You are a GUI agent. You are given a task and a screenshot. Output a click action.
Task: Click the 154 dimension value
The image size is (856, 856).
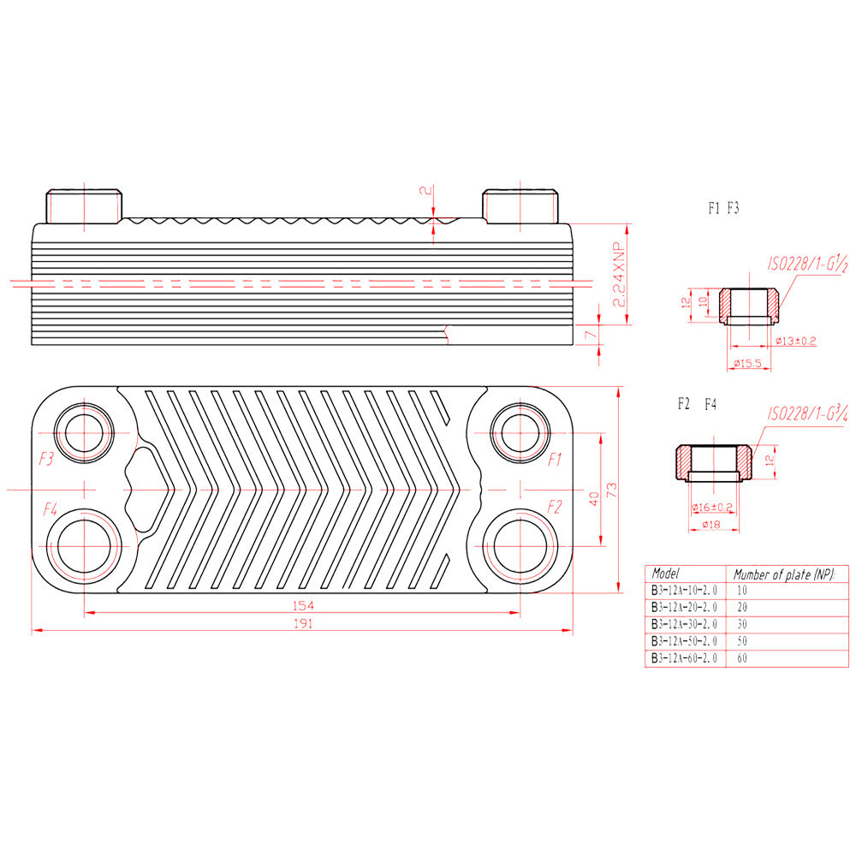[x=303, y=605]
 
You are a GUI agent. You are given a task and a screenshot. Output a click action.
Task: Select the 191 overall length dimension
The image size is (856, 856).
[x=303, y=623]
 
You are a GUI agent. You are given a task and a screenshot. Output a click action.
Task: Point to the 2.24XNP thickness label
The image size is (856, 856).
[x=619, y=275]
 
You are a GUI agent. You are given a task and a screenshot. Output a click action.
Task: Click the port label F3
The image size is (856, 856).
[x=46, y=459]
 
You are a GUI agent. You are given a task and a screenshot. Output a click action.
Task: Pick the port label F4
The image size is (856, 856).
[x=51, y=509]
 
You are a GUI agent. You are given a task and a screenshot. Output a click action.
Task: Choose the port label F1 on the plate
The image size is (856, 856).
[x=555, y=460]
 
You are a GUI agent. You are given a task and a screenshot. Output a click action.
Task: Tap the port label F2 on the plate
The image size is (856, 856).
[x=555, y=507]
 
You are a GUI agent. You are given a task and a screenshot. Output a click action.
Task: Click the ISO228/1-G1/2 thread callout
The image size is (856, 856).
[x=807, y=265]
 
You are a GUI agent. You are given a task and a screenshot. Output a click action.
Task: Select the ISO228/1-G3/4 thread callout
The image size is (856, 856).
[x=807, y=413]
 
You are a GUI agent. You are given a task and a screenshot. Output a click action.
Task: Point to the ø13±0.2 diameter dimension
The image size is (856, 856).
[x=796, y=342]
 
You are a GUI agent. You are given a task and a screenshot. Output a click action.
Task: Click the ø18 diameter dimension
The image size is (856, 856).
[x=711, y=524]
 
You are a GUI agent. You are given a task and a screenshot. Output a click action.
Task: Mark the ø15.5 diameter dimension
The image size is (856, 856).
[x=747, y=363]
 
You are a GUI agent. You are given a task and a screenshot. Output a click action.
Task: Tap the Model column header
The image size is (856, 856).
[x=665, y=574]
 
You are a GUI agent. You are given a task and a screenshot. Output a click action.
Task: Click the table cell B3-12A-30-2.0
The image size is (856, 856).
[x=684, y=624]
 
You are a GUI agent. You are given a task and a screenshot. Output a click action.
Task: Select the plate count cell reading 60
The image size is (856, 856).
[x=742, y=657]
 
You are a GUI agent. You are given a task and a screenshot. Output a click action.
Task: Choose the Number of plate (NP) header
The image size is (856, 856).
[x=784, y=574]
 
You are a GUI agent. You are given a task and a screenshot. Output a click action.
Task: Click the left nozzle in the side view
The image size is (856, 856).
[x=84, y=206]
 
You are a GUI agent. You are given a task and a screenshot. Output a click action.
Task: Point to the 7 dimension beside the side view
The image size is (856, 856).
[x=590, y=334]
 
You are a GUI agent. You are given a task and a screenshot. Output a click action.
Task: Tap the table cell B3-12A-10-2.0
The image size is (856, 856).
[x=684, y=590]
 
